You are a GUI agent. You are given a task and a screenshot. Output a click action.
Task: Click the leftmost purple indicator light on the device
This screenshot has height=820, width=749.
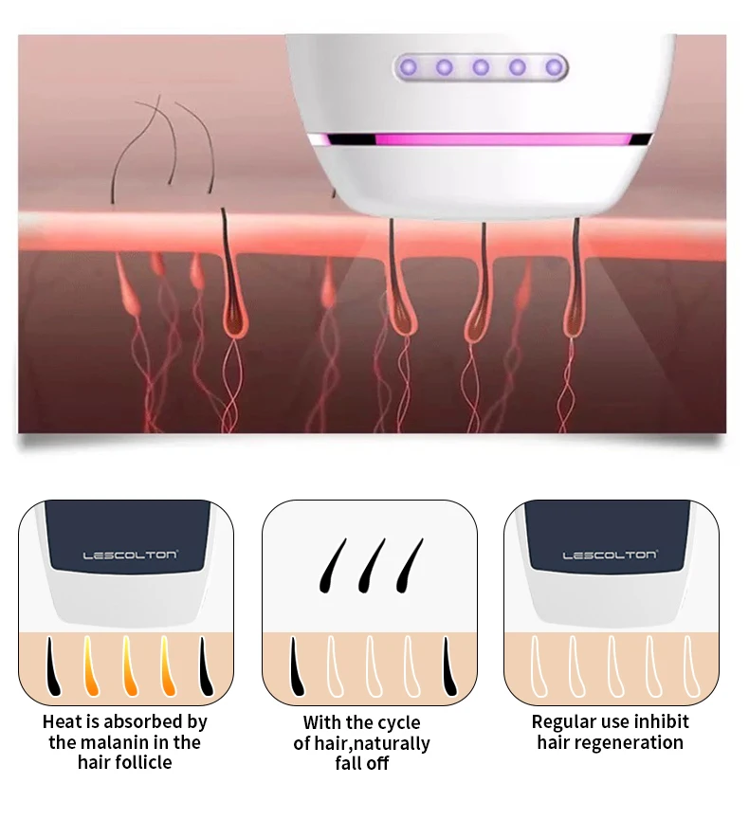coord(409,67)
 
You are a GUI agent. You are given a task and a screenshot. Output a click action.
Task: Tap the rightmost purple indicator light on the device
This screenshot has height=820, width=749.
coord(555,67)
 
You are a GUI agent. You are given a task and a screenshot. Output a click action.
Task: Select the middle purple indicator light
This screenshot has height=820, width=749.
coord(481,67)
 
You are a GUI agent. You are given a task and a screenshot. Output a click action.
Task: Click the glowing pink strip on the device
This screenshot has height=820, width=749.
coord(480,139)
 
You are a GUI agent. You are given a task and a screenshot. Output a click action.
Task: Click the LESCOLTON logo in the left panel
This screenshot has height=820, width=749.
coord(130,555)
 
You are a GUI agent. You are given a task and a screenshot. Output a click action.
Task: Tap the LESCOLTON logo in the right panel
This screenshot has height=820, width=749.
coord(610,555)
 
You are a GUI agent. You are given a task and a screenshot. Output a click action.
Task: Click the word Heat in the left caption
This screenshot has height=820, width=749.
coord(63,721)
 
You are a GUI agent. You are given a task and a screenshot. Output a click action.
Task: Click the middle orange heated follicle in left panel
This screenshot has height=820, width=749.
coord(129,666)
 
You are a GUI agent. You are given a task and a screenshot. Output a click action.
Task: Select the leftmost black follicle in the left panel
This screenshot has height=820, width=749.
coord(53,666)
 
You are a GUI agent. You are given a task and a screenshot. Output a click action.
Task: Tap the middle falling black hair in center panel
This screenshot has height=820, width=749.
coord(372,566)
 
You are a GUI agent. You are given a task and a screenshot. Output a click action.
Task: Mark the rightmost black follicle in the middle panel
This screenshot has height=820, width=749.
coord(449,666)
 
